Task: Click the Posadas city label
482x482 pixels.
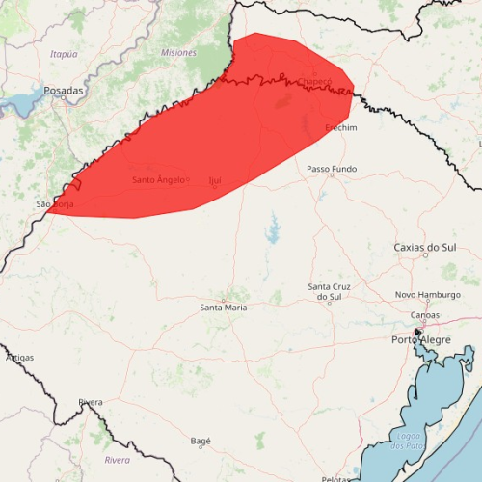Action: [x=64, y=90]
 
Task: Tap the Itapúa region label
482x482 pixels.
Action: [x=64, y=54]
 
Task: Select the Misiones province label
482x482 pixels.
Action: [x=178, y=52]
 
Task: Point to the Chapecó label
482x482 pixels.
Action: [x=314, y=81]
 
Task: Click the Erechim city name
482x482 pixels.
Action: [x=340, y=127]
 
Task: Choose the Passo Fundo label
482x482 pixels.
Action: [x=331, y=169]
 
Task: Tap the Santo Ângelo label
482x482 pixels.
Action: [x=157, y=179]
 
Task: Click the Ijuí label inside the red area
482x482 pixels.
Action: [x=214, y=180]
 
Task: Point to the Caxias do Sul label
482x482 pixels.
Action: [x=424, y=248]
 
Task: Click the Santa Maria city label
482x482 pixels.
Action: [x=223, y=307]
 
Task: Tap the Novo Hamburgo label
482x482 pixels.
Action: [x=425, y=295]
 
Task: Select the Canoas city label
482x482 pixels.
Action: [x=424, y=315]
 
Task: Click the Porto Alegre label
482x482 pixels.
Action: [x=421, y=339]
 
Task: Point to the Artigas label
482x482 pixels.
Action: [x=19, y=357]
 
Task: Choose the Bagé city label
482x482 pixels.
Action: [x=201, y=441]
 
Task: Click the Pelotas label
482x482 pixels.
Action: [x=335, y=478]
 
